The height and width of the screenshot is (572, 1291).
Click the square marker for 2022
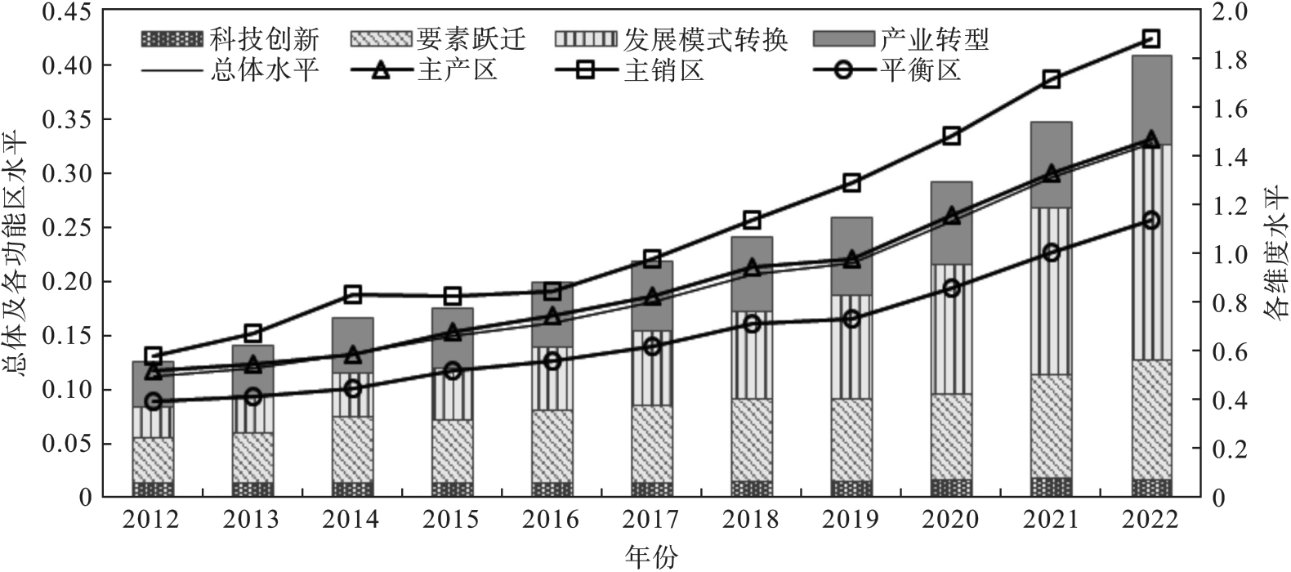(1151, 39)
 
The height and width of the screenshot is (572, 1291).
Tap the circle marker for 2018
(752, 324)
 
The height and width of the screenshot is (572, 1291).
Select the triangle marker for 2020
(951, 216)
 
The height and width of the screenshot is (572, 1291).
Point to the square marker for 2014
(352, 294)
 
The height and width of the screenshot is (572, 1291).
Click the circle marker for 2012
(153, 401)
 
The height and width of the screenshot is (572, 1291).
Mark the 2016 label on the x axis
(552, 520)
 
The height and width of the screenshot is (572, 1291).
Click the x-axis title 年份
(651, 556)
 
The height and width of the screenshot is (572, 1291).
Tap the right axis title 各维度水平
(1275, 254)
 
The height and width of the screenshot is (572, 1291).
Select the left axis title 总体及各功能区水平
(17, 254)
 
